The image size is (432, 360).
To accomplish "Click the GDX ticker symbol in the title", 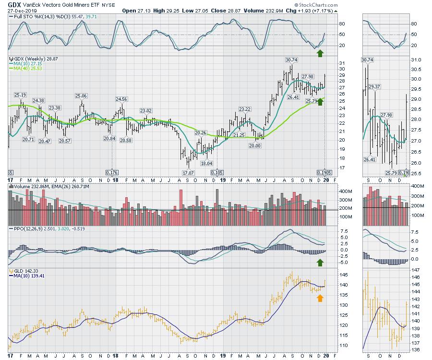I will pos(14,4).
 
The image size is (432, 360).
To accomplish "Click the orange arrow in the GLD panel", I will pos(320,298).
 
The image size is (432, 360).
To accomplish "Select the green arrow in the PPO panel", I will pos(320,262).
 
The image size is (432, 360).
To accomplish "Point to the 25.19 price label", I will pos(20,95).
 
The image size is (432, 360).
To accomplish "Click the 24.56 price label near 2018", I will pos(121,99).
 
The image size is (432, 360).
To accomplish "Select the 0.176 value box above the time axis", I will pos(112,172).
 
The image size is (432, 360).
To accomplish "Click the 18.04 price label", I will pos(206,163).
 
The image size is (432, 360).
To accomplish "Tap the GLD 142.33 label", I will pos(24,272).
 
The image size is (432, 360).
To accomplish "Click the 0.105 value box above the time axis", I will pos(217,172).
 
